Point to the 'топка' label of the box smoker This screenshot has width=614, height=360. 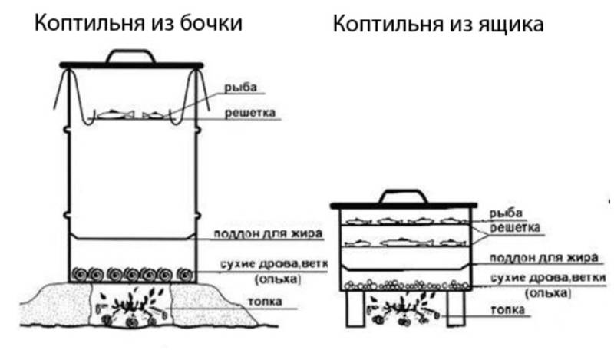point(507,309)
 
